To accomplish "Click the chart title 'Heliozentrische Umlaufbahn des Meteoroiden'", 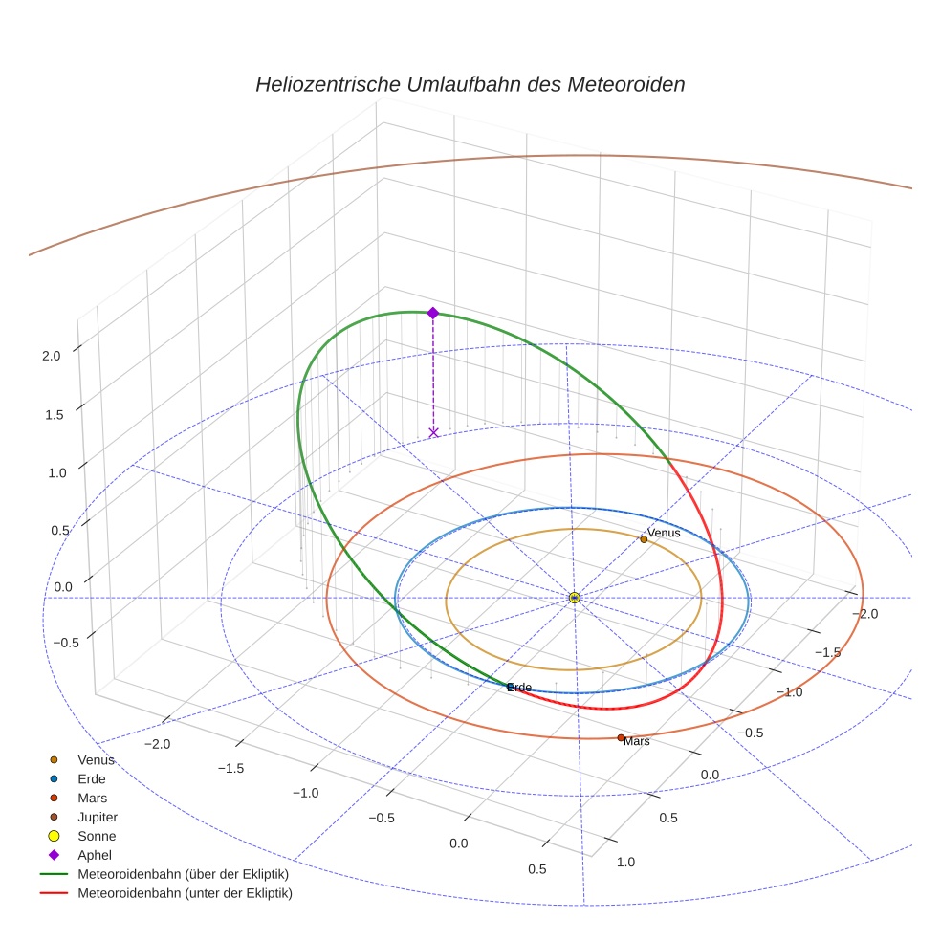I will click(470, 84).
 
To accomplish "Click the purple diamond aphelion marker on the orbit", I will click(432, 313).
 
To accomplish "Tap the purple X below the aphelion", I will click(433, 432).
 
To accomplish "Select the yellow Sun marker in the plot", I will click(574, 598).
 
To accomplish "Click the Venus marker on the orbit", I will click(644, 539).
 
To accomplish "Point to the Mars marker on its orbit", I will click(621, 737).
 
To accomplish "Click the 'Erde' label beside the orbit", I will click(519, 688).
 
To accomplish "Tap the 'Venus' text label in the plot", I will click(664, 533).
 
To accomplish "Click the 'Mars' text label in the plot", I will click(637, 741).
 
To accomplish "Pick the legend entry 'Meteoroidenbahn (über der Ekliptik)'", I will click(182, 874).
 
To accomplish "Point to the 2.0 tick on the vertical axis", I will click(51, 356).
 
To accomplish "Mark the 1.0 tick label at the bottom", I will click(625, 862).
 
